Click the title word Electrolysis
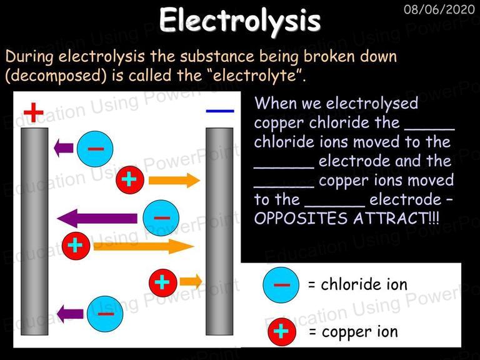[240, 21]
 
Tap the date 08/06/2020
[439, 9]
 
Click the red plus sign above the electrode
[33, 112]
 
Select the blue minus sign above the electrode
[220, 111]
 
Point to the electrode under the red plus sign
[34, 231]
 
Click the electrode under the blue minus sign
[219, 231]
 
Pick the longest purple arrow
[97, 218]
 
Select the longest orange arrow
[144, 246]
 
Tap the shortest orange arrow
[191, 281]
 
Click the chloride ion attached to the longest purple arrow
[161, 218]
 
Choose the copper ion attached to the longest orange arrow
[76, 246]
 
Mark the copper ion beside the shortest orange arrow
[163, 283]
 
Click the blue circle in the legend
[281, 285]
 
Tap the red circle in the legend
[282, 332]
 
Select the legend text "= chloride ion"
[357, 285]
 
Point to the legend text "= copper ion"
[353, 332]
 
